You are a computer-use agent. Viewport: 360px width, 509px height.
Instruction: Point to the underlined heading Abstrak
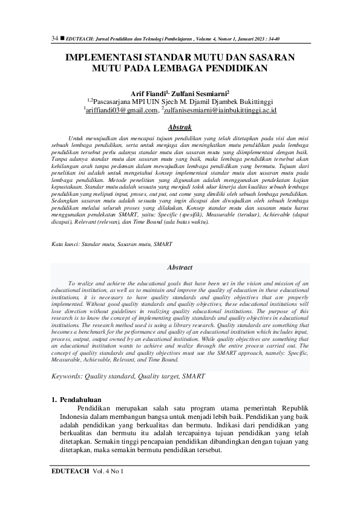pos(180,128)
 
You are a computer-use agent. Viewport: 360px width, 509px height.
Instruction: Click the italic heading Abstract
pos(180,267)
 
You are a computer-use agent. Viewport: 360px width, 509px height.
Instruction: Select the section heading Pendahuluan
pos(81,400)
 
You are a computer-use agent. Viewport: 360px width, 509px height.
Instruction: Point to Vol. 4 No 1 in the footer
pos(108,470)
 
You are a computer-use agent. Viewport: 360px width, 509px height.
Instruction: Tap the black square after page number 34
pos(62,39)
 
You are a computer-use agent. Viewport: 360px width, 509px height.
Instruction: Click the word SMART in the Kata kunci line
pos(163,244)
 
